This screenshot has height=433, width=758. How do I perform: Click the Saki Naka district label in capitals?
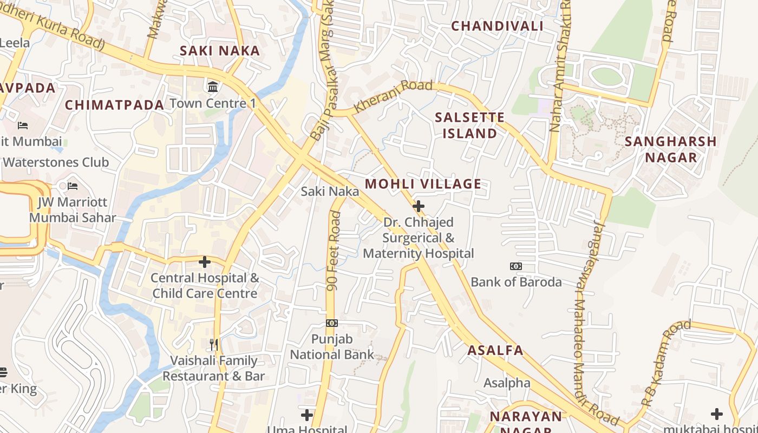pos(220,51)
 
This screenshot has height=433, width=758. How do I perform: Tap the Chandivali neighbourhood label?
pos(497,26)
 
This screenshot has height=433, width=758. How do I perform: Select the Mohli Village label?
pos(423,184)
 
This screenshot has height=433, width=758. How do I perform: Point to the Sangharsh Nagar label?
pos(670,149)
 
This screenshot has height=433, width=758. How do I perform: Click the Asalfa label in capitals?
pos(495,350)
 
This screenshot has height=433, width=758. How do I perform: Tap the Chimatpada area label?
pos(114,105)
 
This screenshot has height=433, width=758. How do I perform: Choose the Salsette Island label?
pos(470,125)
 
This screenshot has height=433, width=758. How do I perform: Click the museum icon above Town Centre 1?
pos(213,87)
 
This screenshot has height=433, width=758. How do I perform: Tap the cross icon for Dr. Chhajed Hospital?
pos(418,206)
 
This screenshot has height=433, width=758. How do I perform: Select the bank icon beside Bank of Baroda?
pos(515,266)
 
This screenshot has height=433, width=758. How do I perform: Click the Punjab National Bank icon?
pos(332,323)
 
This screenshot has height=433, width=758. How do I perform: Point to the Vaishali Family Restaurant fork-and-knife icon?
pos(214,344)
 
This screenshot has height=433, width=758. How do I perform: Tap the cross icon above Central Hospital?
pos(204,262)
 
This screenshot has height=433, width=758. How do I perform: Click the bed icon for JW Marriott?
pos(73,186)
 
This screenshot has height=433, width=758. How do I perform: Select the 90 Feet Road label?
pos(335,250)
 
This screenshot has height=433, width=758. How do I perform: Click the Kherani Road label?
pos(393,96)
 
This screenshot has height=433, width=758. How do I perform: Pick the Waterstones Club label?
pos(55,162)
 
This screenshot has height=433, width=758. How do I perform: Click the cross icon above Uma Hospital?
pos(307,415)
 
